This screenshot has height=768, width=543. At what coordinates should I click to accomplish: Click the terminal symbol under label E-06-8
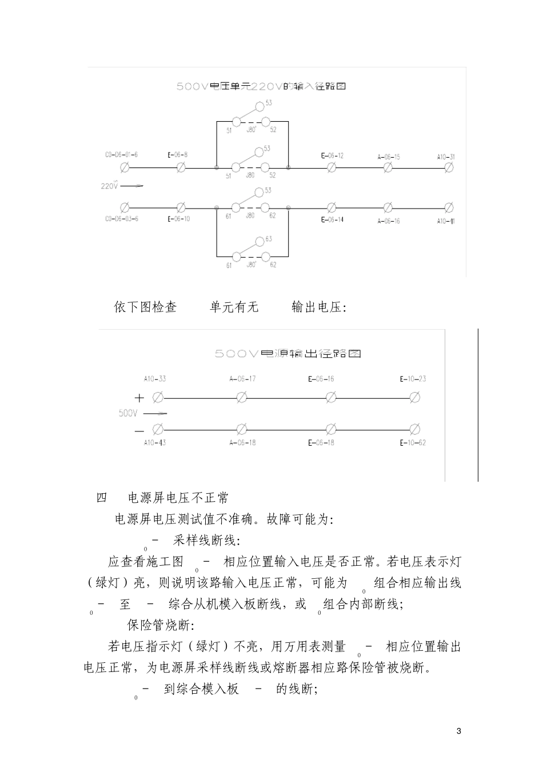182,167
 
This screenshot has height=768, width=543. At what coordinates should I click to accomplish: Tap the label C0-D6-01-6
121,155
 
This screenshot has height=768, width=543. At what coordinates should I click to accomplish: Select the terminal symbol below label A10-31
449,167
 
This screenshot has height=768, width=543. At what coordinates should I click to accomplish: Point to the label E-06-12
332,155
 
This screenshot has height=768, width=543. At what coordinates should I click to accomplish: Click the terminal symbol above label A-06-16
388,207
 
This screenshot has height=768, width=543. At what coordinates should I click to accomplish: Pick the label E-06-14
332,219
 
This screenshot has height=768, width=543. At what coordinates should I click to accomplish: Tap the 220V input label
109,186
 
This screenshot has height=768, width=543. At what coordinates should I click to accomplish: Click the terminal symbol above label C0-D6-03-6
125,207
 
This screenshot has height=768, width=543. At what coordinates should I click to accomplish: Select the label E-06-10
179,219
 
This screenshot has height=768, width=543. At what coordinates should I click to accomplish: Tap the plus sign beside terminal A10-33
139,398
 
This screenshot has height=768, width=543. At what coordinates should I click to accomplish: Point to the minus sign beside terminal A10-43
139,429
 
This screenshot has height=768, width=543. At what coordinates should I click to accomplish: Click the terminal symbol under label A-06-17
242,397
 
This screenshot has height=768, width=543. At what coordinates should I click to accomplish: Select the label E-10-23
413,379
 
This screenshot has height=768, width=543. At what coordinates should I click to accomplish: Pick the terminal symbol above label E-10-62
415,429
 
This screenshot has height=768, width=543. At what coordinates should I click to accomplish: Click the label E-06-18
321,443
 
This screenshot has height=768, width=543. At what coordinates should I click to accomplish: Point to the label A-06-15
389,157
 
